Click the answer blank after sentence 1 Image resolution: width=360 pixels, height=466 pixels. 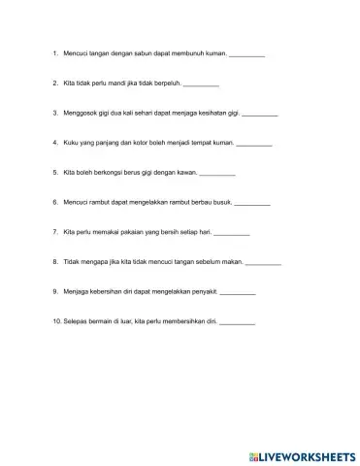(x=246, y=54)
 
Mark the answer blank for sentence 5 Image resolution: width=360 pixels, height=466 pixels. (x=217, y=174)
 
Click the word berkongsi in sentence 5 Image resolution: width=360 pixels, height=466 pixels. (x=107, y=173)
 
